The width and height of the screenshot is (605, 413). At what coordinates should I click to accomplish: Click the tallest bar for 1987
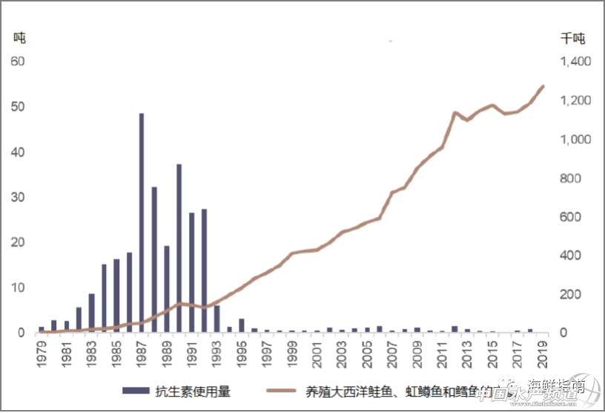141,223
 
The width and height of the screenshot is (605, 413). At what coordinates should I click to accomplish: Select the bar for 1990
179,248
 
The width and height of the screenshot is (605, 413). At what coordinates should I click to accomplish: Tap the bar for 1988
154,259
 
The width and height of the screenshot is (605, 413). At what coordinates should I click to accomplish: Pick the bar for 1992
204,270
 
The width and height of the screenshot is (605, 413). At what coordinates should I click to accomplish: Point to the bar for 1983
91,313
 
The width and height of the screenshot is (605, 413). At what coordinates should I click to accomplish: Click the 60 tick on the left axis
18,61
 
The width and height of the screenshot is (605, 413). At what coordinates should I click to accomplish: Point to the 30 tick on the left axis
18,197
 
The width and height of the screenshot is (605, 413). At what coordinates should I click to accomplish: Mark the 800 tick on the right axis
571,178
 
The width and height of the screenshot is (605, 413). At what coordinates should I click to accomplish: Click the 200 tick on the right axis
571,294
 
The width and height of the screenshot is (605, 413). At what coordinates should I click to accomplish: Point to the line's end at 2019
544,86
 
